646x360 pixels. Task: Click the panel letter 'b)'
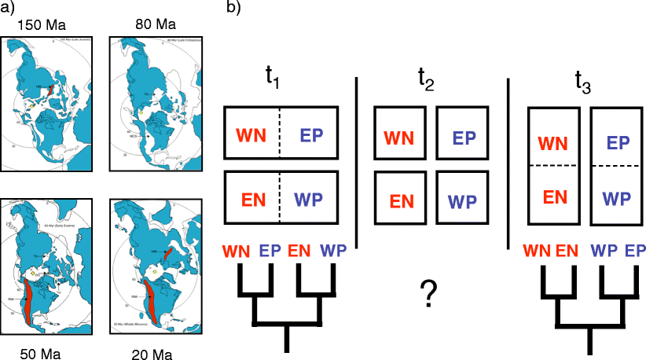(x=234, y=8)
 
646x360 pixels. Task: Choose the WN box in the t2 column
(x=398, y=137)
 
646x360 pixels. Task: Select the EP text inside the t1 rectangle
(x=312, y=134)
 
